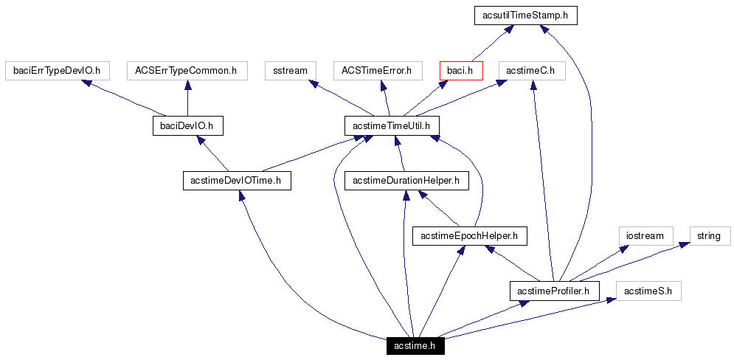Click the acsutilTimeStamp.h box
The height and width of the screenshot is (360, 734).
(x=524, y=15)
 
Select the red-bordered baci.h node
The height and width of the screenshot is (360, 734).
(x=460, y=71)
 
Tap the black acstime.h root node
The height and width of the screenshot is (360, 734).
(x=415, y=346)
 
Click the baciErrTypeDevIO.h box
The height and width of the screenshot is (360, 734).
(x=57, y=71)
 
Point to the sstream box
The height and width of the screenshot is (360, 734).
(x=290, y=71)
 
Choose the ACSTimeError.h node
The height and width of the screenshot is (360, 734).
(x=377, y=71)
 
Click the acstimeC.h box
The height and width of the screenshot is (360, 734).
(x=531, y=71)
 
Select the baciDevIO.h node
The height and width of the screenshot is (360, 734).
(x=187, y=126)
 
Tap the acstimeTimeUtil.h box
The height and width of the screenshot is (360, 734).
(x=392, y=126)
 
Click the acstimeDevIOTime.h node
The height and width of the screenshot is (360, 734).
(x=237, y=181)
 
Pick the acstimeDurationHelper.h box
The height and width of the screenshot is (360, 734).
(x=406, y=181)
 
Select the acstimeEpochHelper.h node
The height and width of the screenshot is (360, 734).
(x=469, y=236)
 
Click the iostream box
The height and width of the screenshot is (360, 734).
(x=645, y=236)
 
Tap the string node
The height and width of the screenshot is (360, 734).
(x=709, y=236)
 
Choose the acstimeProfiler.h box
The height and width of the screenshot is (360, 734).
(x=553, y=291)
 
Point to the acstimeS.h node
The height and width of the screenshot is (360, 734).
(x=648, y=291)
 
